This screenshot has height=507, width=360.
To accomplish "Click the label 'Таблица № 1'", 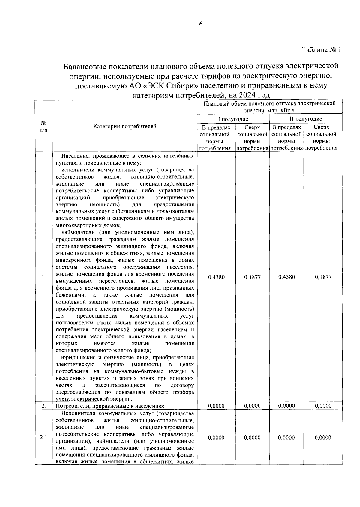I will click(x=321, y=50).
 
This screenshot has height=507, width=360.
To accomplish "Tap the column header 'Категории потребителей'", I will click(x=125, y=127).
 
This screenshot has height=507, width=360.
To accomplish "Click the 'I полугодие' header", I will click(x=233, y=119).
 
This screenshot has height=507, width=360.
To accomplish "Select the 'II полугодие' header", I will click(x=306, y=119).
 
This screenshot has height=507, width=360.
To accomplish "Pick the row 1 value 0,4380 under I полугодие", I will click(x=216, y=277).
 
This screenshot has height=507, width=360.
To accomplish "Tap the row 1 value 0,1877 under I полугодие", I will click(x=252, y=277).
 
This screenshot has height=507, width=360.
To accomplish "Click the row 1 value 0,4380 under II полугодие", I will click(x=286, y=277).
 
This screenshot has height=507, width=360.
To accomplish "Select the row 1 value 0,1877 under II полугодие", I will click(x=323, y=277).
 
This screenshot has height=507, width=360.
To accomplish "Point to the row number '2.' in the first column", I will click(x=44, y=406).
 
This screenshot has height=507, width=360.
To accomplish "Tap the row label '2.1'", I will click(x=44, y=437).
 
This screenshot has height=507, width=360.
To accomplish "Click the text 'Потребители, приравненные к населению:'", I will click(x=110, y=406).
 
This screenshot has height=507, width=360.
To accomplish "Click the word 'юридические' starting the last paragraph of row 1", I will click(x=78, y=357).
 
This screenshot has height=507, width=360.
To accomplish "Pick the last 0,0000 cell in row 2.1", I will click(x=323, y=437).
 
